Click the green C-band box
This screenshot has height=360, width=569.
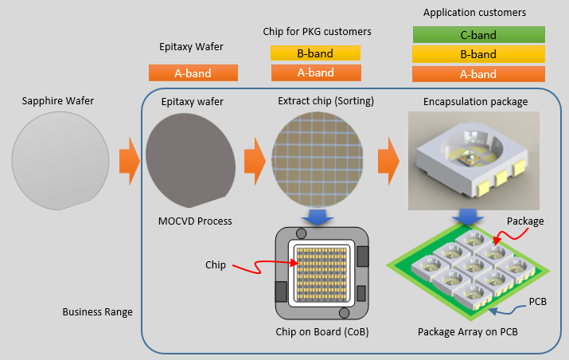click(x=479, y=35)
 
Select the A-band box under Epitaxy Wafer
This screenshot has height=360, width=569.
click(x=193, y=72)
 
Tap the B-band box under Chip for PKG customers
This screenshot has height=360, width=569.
click(x=315, y=53)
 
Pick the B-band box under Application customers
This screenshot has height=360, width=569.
click(x=479, y=54)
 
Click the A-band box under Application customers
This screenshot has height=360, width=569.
click(x=479, y=73)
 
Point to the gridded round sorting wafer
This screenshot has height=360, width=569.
click(x=318, y=159)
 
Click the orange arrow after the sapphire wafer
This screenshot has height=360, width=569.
click(x=129, y=159)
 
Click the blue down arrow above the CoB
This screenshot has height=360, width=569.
click(x=318, y=217)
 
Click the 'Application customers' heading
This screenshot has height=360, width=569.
click(x=474, y=13)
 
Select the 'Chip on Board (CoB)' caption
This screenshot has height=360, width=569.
click(x=316, y=331)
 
